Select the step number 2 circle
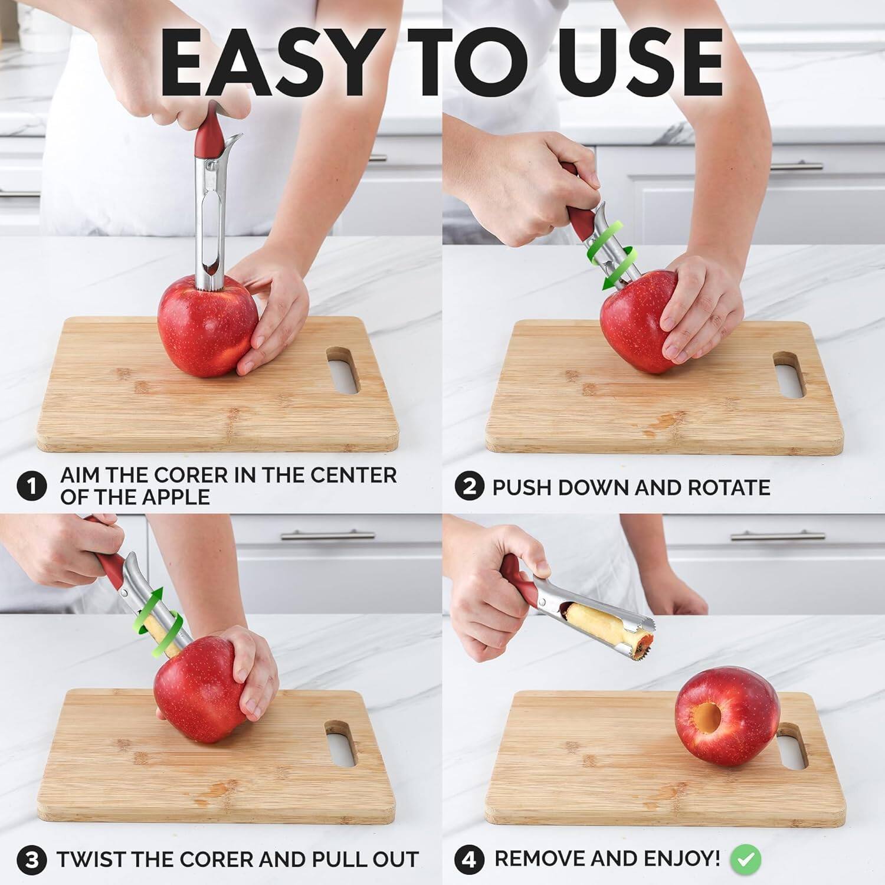(x=469, y=487)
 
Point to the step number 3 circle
(x=31, y=860)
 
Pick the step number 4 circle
(x=469, y=860)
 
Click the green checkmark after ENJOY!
(x=746, y=860)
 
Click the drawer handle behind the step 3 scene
(x=327, y=535)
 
